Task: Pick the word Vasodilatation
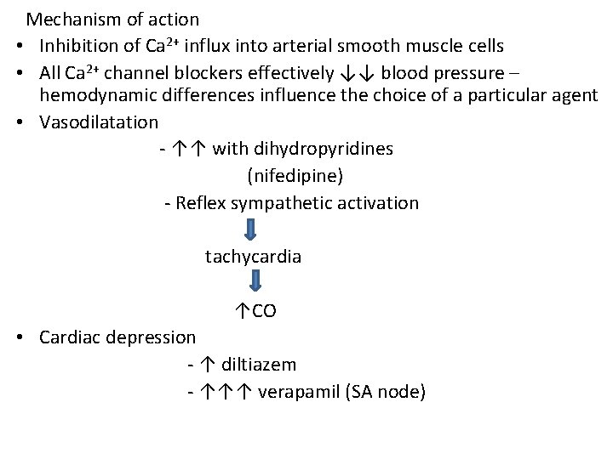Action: (x=99, y=122)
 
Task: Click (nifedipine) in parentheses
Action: (x=295, y=176)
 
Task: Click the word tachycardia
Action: (x=253, y=256)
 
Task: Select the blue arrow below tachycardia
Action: (x=253, y=283)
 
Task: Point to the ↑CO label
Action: (x=255, y=311)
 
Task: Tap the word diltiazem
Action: (x=259, y=365)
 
